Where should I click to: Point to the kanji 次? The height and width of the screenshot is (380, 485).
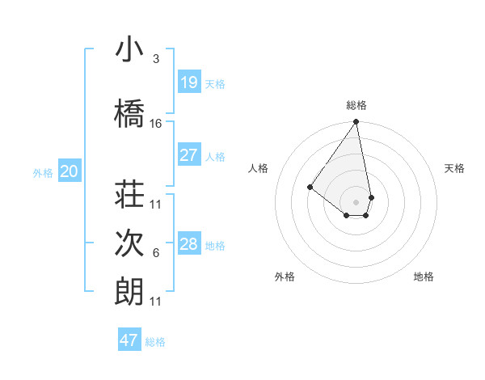pos(129,244)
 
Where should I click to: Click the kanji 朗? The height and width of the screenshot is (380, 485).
pos(129,292)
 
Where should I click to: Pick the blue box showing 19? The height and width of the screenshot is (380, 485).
pos(188,82)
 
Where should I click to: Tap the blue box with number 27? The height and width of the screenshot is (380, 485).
pos(188,155)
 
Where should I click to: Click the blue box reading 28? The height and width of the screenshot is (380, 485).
pos(188,244)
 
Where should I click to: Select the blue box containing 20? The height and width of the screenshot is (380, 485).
pos(70,171)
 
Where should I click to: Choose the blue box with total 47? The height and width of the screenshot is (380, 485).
pos(129,340)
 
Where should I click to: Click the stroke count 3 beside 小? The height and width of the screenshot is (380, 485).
pos(156,59)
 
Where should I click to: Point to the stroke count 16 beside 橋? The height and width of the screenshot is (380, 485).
pos(156,124)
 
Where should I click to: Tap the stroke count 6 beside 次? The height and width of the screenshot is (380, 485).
pos(156,253)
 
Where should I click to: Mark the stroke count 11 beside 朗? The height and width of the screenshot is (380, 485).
pos(156,302)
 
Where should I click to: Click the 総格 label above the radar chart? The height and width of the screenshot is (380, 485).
pos(356,105)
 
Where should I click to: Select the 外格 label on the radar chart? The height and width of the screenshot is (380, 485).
pos(285,277)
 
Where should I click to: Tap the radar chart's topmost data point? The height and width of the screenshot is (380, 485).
pos(356,123)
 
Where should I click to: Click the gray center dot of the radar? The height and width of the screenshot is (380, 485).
pos(356,201)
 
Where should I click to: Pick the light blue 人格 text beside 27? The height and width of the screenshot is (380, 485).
pos(215,156)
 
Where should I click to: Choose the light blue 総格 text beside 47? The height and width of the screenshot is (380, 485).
pos(155,342)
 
